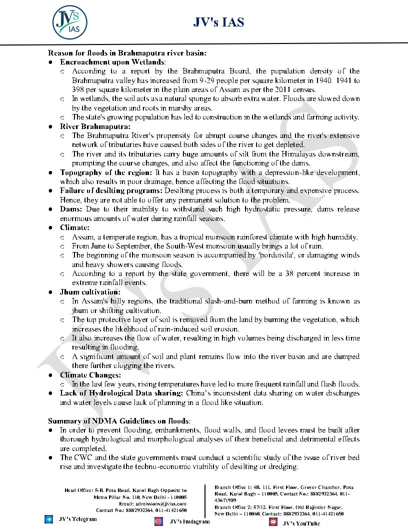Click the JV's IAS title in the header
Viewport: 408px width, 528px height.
[218, 22]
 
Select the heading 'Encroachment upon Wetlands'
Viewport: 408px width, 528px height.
[112, 62]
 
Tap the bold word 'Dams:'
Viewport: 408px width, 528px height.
[71, 209]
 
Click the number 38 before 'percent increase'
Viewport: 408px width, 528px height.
[281, 274]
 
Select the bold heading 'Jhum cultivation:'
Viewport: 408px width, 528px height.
[90, 292]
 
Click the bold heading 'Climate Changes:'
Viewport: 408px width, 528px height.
[90, 375]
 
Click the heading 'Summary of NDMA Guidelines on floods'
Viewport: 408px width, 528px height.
[118, 421]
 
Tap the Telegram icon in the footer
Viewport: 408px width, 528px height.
[48, 519]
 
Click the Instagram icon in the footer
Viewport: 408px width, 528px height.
[158, 521]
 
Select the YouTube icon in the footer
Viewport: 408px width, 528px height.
[273, 522]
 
